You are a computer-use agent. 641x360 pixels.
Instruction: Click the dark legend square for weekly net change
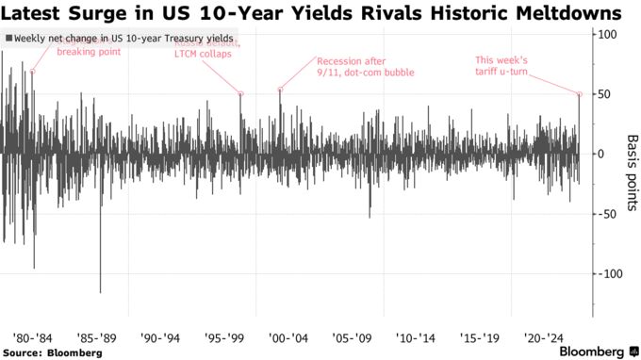[x=8, y=38]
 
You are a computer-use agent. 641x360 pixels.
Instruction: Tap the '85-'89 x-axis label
[x=99, y=336]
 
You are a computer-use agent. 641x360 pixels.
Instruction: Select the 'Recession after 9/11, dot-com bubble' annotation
[x=351, y=68]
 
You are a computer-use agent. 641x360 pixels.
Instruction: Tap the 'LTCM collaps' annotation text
[x=207, y=54]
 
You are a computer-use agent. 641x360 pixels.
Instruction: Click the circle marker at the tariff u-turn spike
[x=579, y=94]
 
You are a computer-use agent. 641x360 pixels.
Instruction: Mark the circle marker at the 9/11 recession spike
[x=280, y=90]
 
